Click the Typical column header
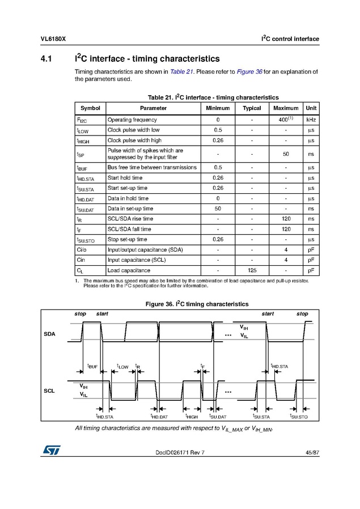coord(252,108)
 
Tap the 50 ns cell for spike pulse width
coord(286,154)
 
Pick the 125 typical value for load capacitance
coord(252,270)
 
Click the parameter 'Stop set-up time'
coord(127,239)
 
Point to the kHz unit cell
coord(311,120)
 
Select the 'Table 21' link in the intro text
coord(183,71)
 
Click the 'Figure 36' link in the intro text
coord(246,71)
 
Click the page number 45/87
coord(311,452)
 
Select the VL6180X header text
coord(53,39)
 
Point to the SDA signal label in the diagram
coord(50,334)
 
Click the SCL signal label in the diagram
coord(50,391)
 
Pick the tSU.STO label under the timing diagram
coord(299,417)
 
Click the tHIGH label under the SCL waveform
coord(192,417)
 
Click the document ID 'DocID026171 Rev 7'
coord(179,452)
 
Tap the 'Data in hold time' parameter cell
coord(128,198)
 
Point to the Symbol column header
coord(90,108)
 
